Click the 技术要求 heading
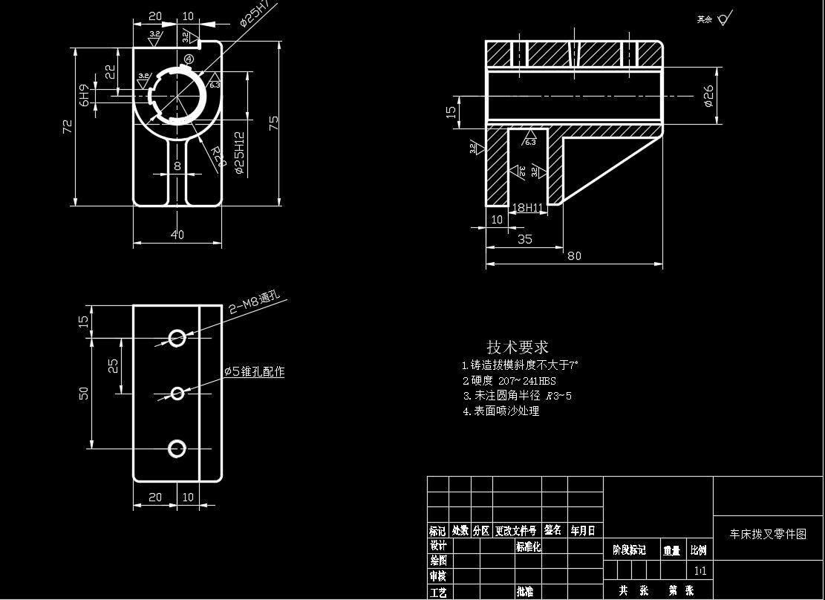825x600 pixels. [x=518, y=347]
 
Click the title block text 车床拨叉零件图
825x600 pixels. [x=768, y=534]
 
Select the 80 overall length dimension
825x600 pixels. [x=574, y=256]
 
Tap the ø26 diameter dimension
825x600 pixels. [x=708, y=95]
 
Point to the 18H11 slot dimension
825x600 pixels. [x=529, y=208]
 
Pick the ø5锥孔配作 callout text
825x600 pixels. [x=255, y=371]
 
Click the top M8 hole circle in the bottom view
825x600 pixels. [x=177, y=338]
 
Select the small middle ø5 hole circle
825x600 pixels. [x=177, y=393]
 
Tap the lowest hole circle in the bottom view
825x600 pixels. [x=177, y=449]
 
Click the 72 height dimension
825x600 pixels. [x=68, y=126]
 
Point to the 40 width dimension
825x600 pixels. [x=177, y=235]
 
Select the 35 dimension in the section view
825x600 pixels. [x=525, y=239]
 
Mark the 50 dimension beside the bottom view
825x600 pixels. [x=84, y=393]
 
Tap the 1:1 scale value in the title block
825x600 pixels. [x=699, y=571]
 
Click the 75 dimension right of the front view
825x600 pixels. [x=274, y=123]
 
